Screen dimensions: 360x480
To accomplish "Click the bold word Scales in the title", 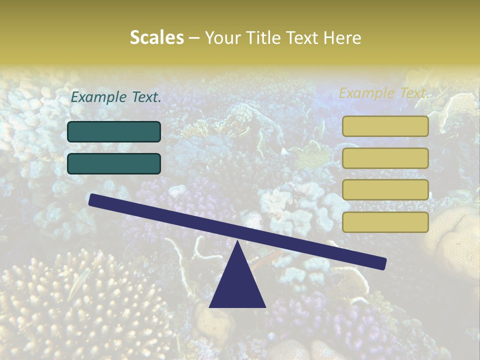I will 156,37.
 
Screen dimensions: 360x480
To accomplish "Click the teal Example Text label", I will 116,97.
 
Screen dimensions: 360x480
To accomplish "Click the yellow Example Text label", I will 383,93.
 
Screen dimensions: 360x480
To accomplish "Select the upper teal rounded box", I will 114,132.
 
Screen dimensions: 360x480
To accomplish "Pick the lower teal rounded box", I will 114,163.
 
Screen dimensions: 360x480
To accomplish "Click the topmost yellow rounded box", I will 385,126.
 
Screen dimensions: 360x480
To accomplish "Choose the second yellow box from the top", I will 385,158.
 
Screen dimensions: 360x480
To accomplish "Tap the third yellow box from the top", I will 385,190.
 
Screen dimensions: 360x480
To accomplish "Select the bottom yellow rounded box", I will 385,222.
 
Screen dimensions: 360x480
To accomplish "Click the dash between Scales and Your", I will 194,38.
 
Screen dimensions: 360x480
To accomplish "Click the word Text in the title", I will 301,37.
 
